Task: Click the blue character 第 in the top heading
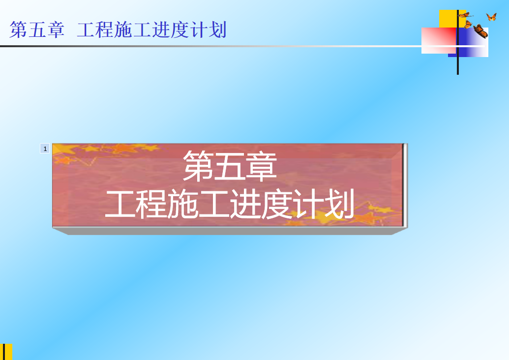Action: pos(18,30)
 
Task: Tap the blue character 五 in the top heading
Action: pos(37,30)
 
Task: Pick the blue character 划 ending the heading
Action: pos(217,30)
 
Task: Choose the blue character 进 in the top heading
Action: pos(161,30)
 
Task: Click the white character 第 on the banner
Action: pos(198,166)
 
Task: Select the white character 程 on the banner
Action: pos(151,204)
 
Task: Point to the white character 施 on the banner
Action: pos(182,204)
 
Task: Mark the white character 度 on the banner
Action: pos(276,204)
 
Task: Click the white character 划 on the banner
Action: pos(338,204)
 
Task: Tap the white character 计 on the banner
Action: pos(307,204)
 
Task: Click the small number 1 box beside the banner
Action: pos(45,149)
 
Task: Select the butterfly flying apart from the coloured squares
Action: pos(491,17)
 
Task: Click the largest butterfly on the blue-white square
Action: pos(480,31)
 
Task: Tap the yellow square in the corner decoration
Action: pos(449,19)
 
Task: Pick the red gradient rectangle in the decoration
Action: pos(439,40)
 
